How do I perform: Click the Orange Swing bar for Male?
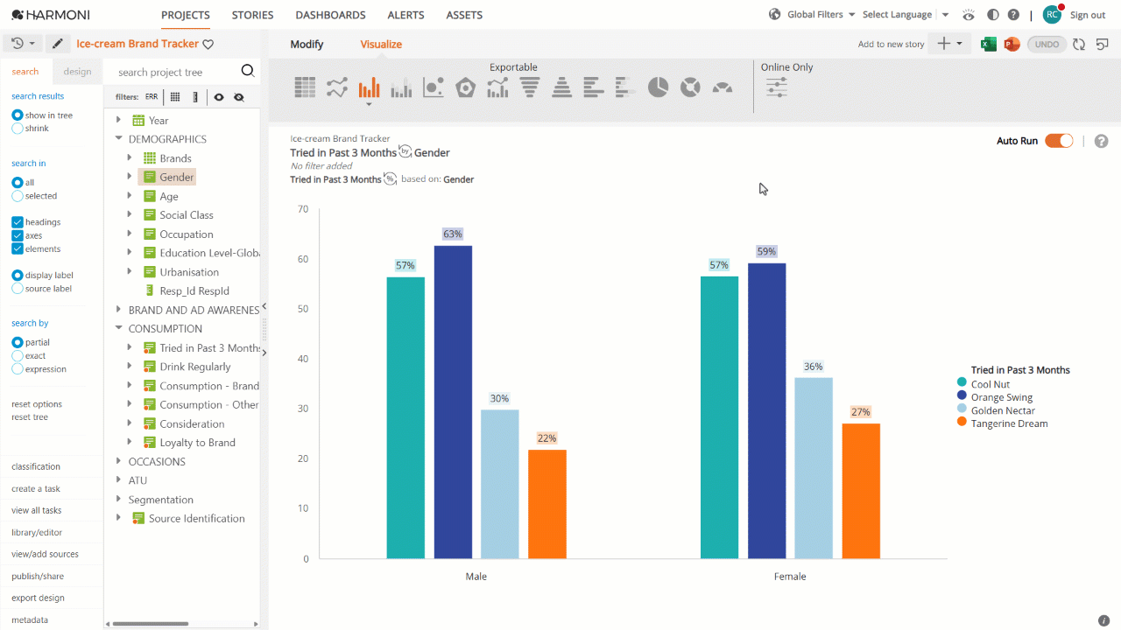pyautogui.click(x=453, y=402)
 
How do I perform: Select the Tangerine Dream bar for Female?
pyautogui.click(x=861, y=491)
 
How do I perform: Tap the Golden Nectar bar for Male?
pyautogui.click(x=499, y=484)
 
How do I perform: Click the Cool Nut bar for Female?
pyautogui.click(x=719, y=417)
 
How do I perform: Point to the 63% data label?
pyautogui.click(x=453, y=234)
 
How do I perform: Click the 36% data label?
pyautogui.click(x=814, y=367)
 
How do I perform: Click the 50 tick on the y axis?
pyautogui.click(x=303, y=309)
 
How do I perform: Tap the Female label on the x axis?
pyautogui.click(x=790, y=577)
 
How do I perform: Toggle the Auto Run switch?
pyautogui.click(x=1059, y=141)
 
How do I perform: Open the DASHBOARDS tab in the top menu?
pyautogui.click(x=330, y=15)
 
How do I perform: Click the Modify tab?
pyautogui.click(x=307, y=44)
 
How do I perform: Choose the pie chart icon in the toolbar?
pyautogui.click(x=658, y=87)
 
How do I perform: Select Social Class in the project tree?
pyautogui.click(x=187, y=215)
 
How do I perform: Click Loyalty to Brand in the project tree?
pyautogui.click(x=197, y=443)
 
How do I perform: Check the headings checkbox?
pyautogui.click(x=18, y=222)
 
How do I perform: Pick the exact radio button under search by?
pyautogui.click(x=18, y=355)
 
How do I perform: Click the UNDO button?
pyautogui.click(x=1047, y=45)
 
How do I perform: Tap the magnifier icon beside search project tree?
pyautogui.click(x=248, y=71)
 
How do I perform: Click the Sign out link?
pyautogui.click(x=1088, y=15)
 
